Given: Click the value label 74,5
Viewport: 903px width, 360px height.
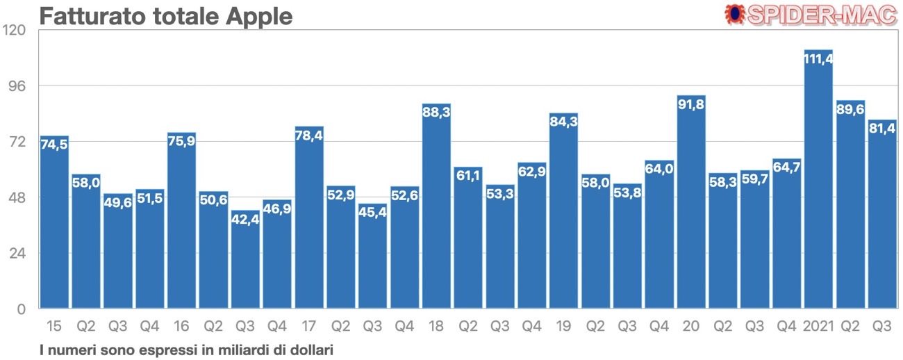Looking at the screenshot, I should pos(54,145).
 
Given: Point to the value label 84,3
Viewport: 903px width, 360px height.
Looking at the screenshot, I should pos(563,122).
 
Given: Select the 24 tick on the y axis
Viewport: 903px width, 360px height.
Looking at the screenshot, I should pos(17,253).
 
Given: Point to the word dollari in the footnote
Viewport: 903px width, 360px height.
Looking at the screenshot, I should pos(313,350).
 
